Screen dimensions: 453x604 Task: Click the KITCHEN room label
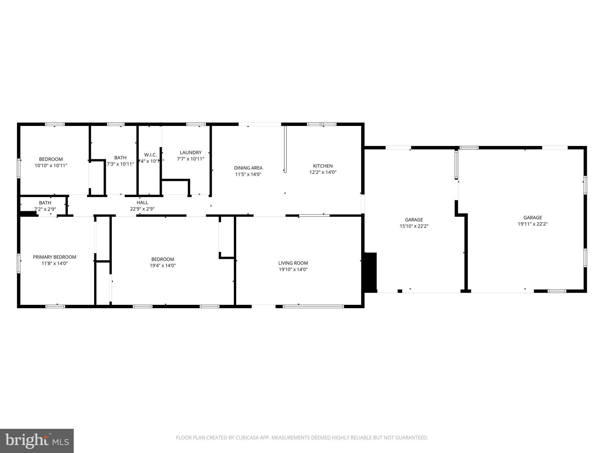pos(323,166)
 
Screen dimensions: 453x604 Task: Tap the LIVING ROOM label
pos(293,263)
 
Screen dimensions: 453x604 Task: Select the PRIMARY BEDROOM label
pos(55,257)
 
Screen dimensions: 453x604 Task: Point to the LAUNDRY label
pos(191,152)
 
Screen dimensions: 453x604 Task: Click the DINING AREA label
pos(248,168)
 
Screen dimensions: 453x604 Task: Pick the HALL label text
pos(142,203)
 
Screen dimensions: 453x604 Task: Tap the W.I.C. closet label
pos(150,155)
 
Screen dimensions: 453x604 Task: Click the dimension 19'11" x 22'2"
pos(533,224)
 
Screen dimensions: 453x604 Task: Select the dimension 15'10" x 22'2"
pos(414,226)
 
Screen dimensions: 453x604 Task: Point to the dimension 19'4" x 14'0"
pos(163,265)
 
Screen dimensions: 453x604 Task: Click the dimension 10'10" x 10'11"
pos(51,166)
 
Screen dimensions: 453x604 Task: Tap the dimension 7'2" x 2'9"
pos(45,209)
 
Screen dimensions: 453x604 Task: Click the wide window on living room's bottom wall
pos(313,306)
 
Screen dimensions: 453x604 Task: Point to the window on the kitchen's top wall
pos(321,124)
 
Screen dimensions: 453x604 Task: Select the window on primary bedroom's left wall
pos(19,263)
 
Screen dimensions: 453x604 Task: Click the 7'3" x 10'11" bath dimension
pos(120,164)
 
